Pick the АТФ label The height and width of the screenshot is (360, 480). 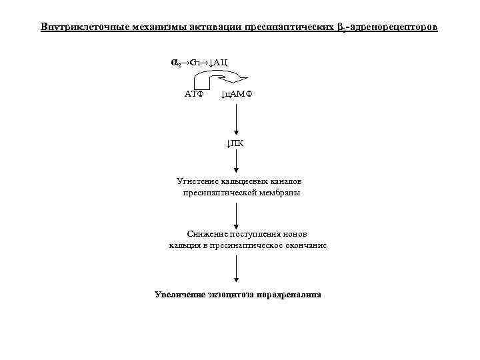point(194,94)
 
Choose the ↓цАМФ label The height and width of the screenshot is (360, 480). point(237,94)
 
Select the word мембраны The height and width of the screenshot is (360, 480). point(280,193)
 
